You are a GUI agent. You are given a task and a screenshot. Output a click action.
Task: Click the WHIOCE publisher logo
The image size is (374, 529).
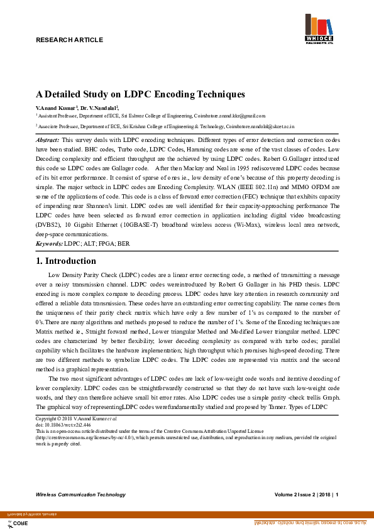pyautogui.click(x=319, y=30)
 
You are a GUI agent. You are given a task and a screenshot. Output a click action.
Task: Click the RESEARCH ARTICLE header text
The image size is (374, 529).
pyautogui.click(x=69, y=40)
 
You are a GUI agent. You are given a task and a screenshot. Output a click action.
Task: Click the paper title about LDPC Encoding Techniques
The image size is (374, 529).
pyautogui.click(x=140, y=94)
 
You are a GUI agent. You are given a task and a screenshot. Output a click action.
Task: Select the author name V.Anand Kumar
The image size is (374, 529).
pyautogui.click(x=55, y=108)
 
